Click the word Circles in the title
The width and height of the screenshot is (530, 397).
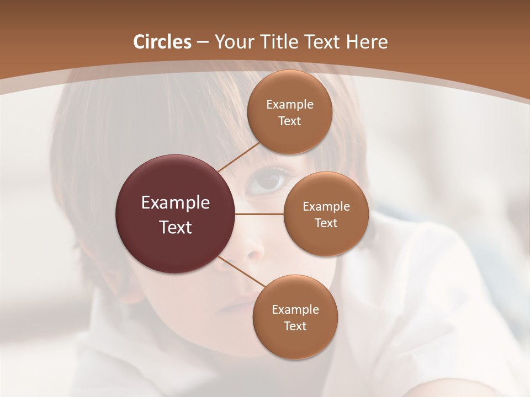pyautogui.click(x=162, y=42)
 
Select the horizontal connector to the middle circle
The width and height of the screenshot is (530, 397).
pyautogui.click(x=259, y=214)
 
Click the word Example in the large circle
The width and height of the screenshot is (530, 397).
pyautogui.click(x=176, y=203)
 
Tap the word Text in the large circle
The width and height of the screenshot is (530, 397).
pyautogui.click(x=176, y=227)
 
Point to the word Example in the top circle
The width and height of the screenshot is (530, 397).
pyautogui.click(x=290, y=105)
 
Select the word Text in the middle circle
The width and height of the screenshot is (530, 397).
pyautogui.click(x=326, y=223)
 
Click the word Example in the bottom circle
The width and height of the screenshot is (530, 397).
pyautogui.click(x=295, y=310)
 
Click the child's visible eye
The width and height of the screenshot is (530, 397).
pyautogui.click(x=269, y=180)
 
